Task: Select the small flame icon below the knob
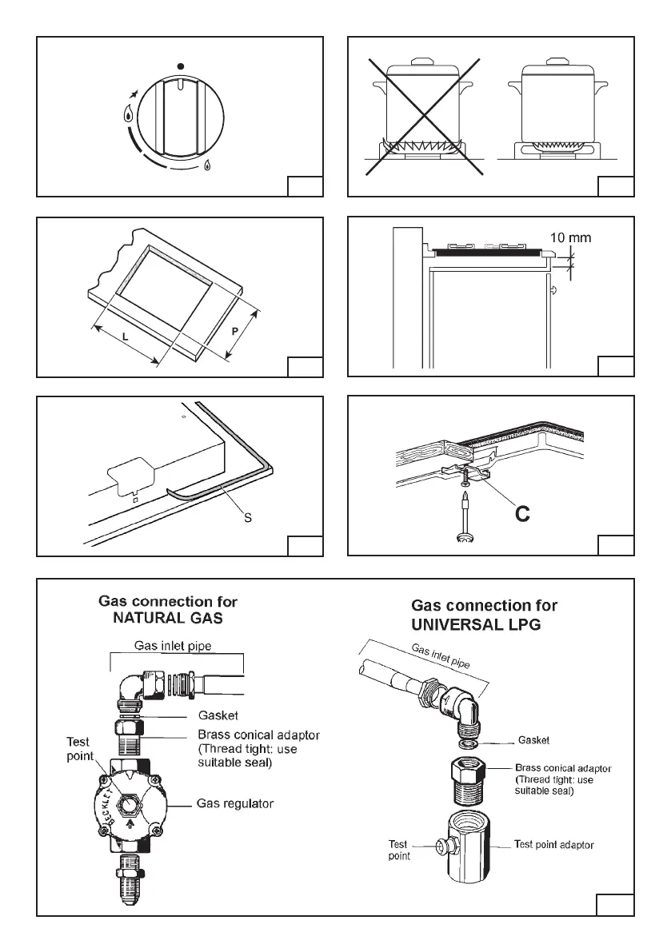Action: [207, 166]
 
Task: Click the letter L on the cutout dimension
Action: [126, 338]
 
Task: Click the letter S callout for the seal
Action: [248, 518]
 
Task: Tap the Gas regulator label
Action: [235, 803]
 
